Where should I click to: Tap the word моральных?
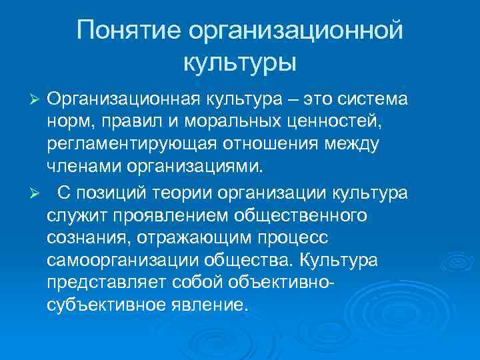233,123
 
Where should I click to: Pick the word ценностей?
341,123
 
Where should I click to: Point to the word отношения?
283,145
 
